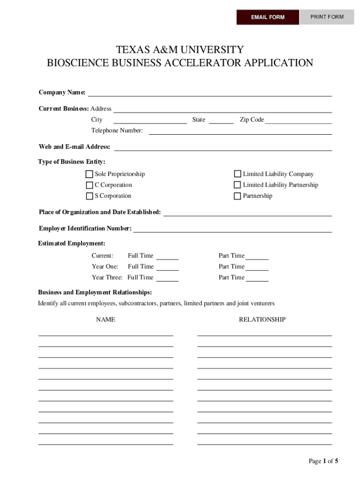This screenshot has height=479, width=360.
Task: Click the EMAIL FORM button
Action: pyautogui.click(x=267, y=17)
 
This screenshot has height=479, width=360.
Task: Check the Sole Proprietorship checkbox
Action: pyautogui.click(x=89, y=174)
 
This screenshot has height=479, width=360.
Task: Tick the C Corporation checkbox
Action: pyautogui.click(x=89, y=185)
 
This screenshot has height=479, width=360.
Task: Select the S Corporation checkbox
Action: pyautogui.click(x=89, y=196)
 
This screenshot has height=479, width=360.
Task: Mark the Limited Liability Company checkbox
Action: pyautogui.click(x=238, y=174)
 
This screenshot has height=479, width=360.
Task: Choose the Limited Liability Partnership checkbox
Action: pyautogui.click(x=238, y=185)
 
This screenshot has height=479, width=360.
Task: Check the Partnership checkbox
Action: pyautogui.click(x=238, y=196)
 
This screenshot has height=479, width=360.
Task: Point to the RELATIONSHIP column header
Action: pyautogui.click(x=262, y=319)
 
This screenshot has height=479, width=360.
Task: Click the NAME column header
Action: pyautogui.click(x=106, y=319)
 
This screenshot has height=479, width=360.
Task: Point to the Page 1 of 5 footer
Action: pyautogui.click(x=323, y=461)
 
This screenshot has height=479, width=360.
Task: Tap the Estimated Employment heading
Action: pyautogui.click(x=72, y=244)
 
